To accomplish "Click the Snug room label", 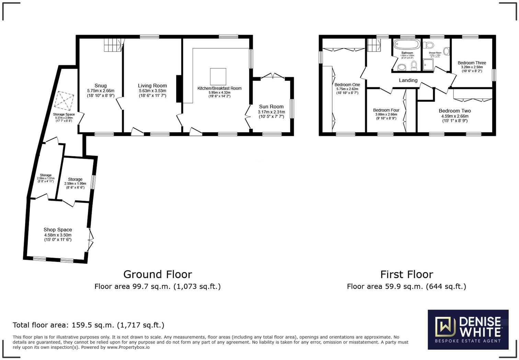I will [x=101, y=86].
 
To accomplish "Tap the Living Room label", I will [x=152, y=86].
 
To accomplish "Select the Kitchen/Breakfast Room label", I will [x=219, y=88].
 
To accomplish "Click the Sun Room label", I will [x=271, y=106].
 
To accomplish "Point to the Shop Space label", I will [x=58, y=230].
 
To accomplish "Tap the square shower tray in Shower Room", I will [x=428, y=65].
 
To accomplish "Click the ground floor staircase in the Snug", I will [x=113, y=45].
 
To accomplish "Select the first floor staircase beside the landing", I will [x=373, y=45].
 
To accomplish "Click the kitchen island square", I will [x=218, y=76].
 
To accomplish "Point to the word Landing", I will [x=408, y=80].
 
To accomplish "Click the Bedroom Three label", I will [x=472, y=63].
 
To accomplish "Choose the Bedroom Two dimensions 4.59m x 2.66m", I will [x=454, y=116].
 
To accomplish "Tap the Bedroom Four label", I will [x=386, y=110].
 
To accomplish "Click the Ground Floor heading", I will [x=158, y=274].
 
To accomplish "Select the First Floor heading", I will [x=406, y=274].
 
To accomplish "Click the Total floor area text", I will [x=89, y=325].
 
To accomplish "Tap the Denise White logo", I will [x=468, y=329].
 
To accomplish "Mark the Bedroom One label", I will [x=347, y=85].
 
